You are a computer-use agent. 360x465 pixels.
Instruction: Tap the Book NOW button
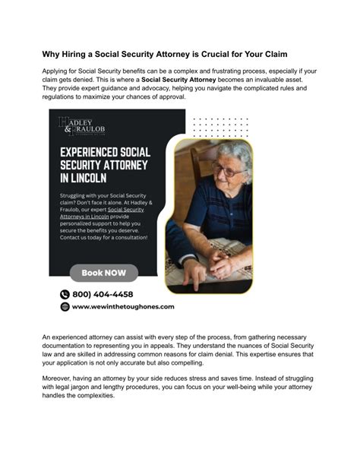104,273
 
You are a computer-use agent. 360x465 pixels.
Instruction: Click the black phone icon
65,294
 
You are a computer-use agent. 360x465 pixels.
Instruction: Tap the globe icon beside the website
65,307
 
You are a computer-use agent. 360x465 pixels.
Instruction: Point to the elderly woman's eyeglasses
226,169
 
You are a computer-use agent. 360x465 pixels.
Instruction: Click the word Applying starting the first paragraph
56,71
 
